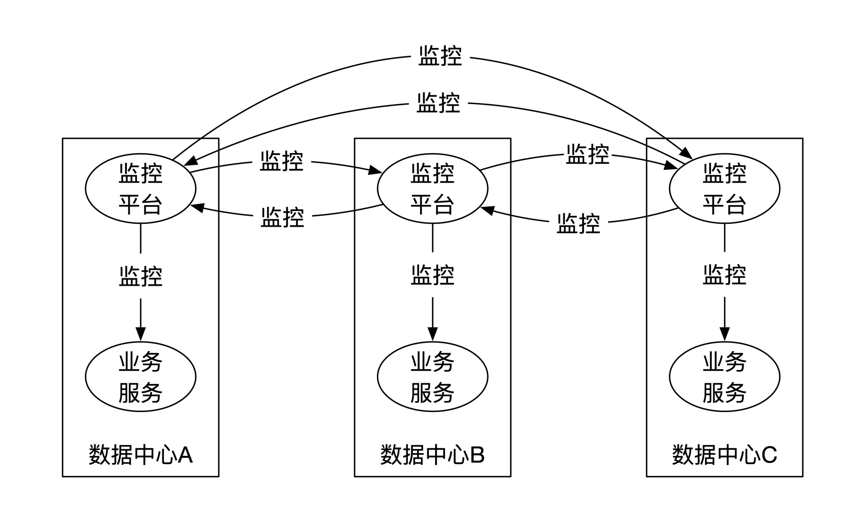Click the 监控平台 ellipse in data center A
tap(141, 189)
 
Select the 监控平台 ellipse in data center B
tap(432, 189)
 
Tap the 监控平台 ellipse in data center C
tap(724, 189)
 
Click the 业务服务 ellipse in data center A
tap(141, 376)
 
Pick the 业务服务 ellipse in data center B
tap(432, 376)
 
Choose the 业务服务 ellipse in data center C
tap(724, 376)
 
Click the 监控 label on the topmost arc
tap(440, 56)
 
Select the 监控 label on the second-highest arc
tap(438, 103)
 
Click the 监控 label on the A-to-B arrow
tap(282, 161)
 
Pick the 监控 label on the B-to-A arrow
tap(282, 217)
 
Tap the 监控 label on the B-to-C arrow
tap(588, 154)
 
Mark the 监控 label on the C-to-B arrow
tap(578, 223)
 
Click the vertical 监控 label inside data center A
tap(141, 276)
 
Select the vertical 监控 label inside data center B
tap(432, 275)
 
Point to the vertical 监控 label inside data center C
tap(724, 275)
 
